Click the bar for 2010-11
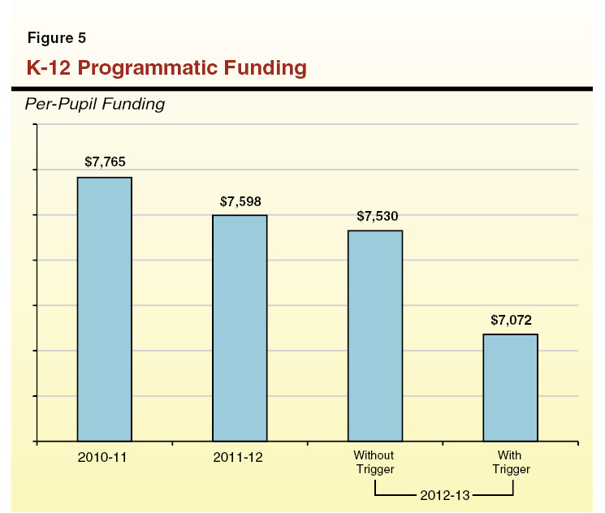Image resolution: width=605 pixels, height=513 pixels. point(104,309)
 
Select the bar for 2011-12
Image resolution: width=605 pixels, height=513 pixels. point(240,328)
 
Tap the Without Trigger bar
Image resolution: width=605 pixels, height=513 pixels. point(375,336)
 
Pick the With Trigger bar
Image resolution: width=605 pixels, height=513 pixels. point(510,387)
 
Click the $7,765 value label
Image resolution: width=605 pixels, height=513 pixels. point(105,162)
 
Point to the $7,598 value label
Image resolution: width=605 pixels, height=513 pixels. point(240,200)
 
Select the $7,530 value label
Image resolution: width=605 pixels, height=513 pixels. point(376,216)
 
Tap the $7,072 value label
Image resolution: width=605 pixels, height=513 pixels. point(511,319)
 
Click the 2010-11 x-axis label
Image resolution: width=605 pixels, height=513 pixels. point(104,457)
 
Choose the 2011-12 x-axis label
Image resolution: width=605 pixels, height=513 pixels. point(240,457)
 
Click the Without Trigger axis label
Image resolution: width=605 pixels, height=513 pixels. point(375,463)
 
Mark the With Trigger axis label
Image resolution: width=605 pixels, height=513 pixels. point(511,463)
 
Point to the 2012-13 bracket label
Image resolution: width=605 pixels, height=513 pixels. point(443,493)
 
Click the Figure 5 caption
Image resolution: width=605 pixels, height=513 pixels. point(57,38)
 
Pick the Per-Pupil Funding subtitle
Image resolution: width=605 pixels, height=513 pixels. point(95,104)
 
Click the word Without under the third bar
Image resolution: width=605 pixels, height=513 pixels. point(375,456)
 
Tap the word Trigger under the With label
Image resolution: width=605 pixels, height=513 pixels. point(511,469)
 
